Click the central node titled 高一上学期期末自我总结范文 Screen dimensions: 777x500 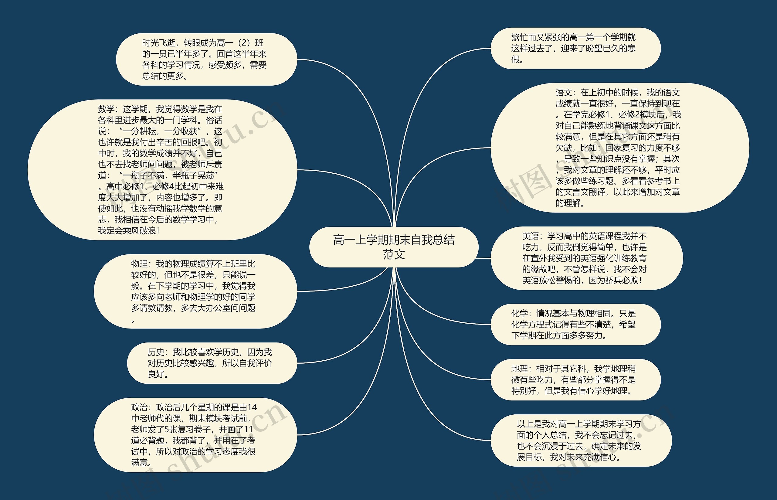(x=394, y=247)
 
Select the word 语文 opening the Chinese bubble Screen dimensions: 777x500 (x=563, y=93)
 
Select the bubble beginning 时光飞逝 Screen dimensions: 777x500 (x=206, y=60)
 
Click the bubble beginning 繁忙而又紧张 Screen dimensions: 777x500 (x=575, y=48)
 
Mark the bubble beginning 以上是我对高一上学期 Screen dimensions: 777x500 (x=581, y=440)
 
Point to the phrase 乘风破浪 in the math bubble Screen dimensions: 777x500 (x=140, y=231)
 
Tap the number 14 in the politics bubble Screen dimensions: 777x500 (x=252, y=407)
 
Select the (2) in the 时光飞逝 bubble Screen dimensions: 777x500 (x=244, y=43)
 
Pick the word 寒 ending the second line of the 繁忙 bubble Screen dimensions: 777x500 (x=631, y=48)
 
